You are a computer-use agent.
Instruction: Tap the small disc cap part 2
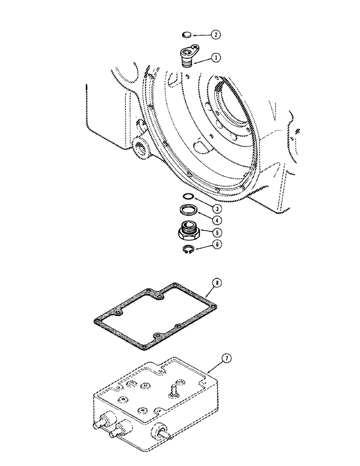(186, 34)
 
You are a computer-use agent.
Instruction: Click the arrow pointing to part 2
(201, 34)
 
